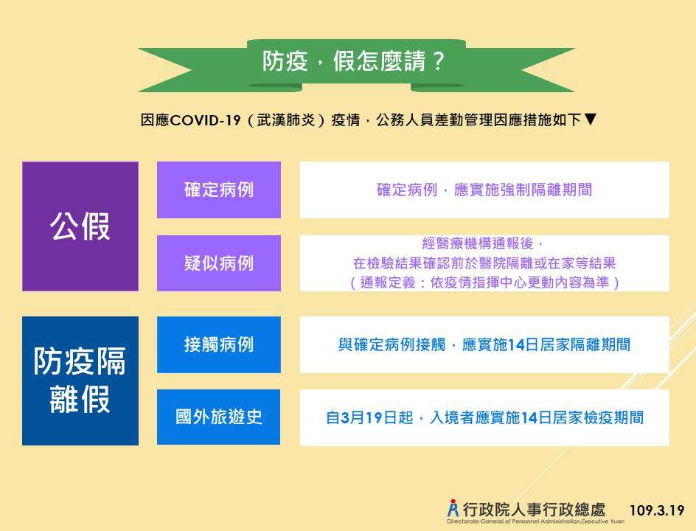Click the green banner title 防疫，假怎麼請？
(x=353, y=60)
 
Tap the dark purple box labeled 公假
(x=80, y=226)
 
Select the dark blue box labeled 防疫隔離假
(x=80, y=381)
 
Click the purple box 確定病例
(x=219, y=190)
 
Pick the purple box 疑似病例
(x=219, y=263)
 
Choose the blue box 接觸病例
(x=219, y=344)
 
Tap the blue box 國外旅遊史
(x=219, y=417)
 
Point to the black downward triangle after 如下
(x=590, y=119)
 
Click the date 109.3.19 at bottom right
(x=657, y=510)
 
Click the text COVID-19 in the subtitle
(x=205, y=120)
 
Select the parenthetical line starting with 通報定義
(x=484, y=282)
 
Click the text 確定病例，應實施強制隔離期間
(x=484, y=190)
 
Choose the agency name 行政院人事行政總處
(x=534, y=510)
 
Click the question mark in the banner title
(x=437, y=60)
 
